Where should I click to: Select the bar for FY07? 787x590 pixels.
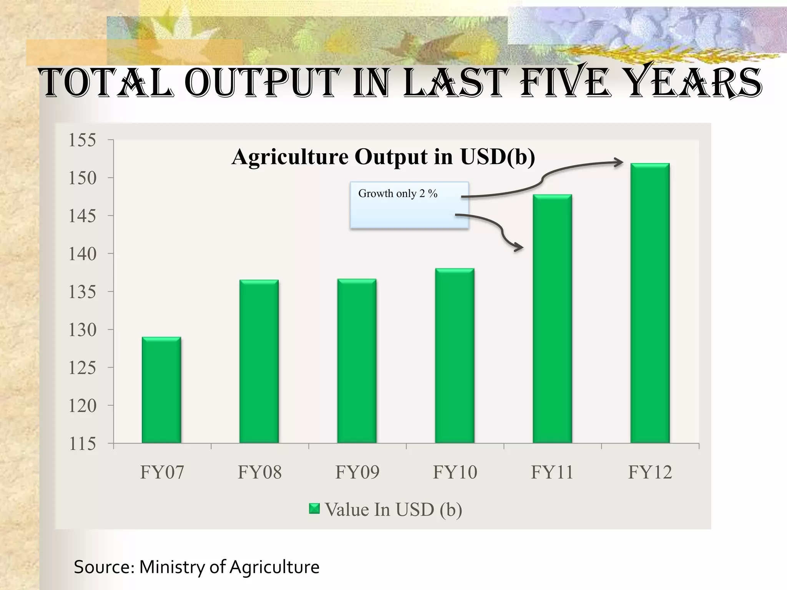(x=161, y=390)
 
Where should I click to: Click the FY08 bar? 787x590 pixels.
(x=259, y=361)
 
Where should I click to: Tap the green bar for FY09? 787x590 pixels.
(x=357, y=361)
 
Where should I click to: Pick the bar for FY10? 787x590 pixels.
(x=455, y=355)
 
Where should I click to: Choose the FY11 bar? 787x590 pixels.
(x=552, y=319)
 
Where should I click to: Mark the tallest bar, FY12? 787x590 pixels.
(x=650, y=303)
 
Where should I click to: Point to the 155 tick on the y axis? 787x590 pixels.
(x=82, y=140)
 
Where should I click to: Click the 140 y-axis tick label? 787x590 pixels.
(x=82, y=254)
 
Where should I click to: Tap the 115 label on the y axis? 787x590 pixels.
(x=82, y=444)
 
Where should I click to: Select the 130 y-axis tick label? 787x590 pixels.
(x=82, y=330)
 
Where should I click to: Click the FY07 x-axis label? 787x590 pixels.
(x=162, y=472)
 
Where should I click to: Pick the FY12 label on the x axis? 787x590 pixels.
(x=650, y=472)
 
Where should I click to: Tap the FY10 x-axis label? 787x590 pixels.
(x=455, y=472)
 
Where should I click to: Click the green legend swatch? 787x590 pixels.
(x=314, y=509)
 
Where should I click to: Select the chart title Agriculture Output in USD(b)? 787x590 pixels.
(x=383, y=157)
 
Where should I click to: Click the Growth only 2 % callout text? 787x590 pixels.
(x=398, y=194)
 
